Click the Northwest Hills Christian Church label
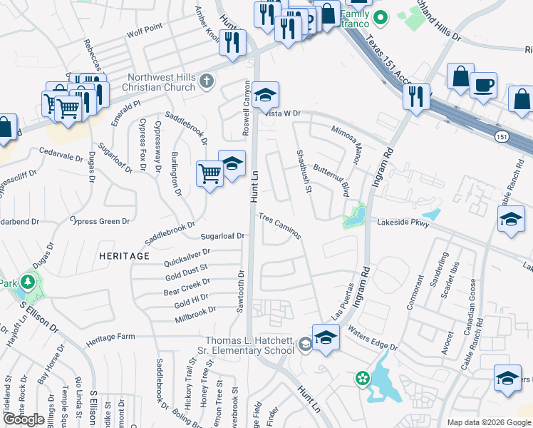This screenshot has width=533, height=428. coord(161,82)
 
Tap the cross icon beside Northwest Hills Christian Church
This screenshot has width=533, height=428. coord(207,80)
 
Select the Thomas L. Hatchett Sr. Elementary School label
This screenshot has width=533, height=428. coord(249,345)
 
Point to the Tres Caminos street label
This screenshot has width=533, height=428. coord(279,225)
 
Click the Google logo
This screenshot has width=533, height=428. coord(24,419)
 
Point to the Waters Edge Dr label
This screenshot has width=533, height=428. coord(373,339)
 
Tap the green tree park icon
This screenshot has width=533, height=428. coord(29,282)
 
